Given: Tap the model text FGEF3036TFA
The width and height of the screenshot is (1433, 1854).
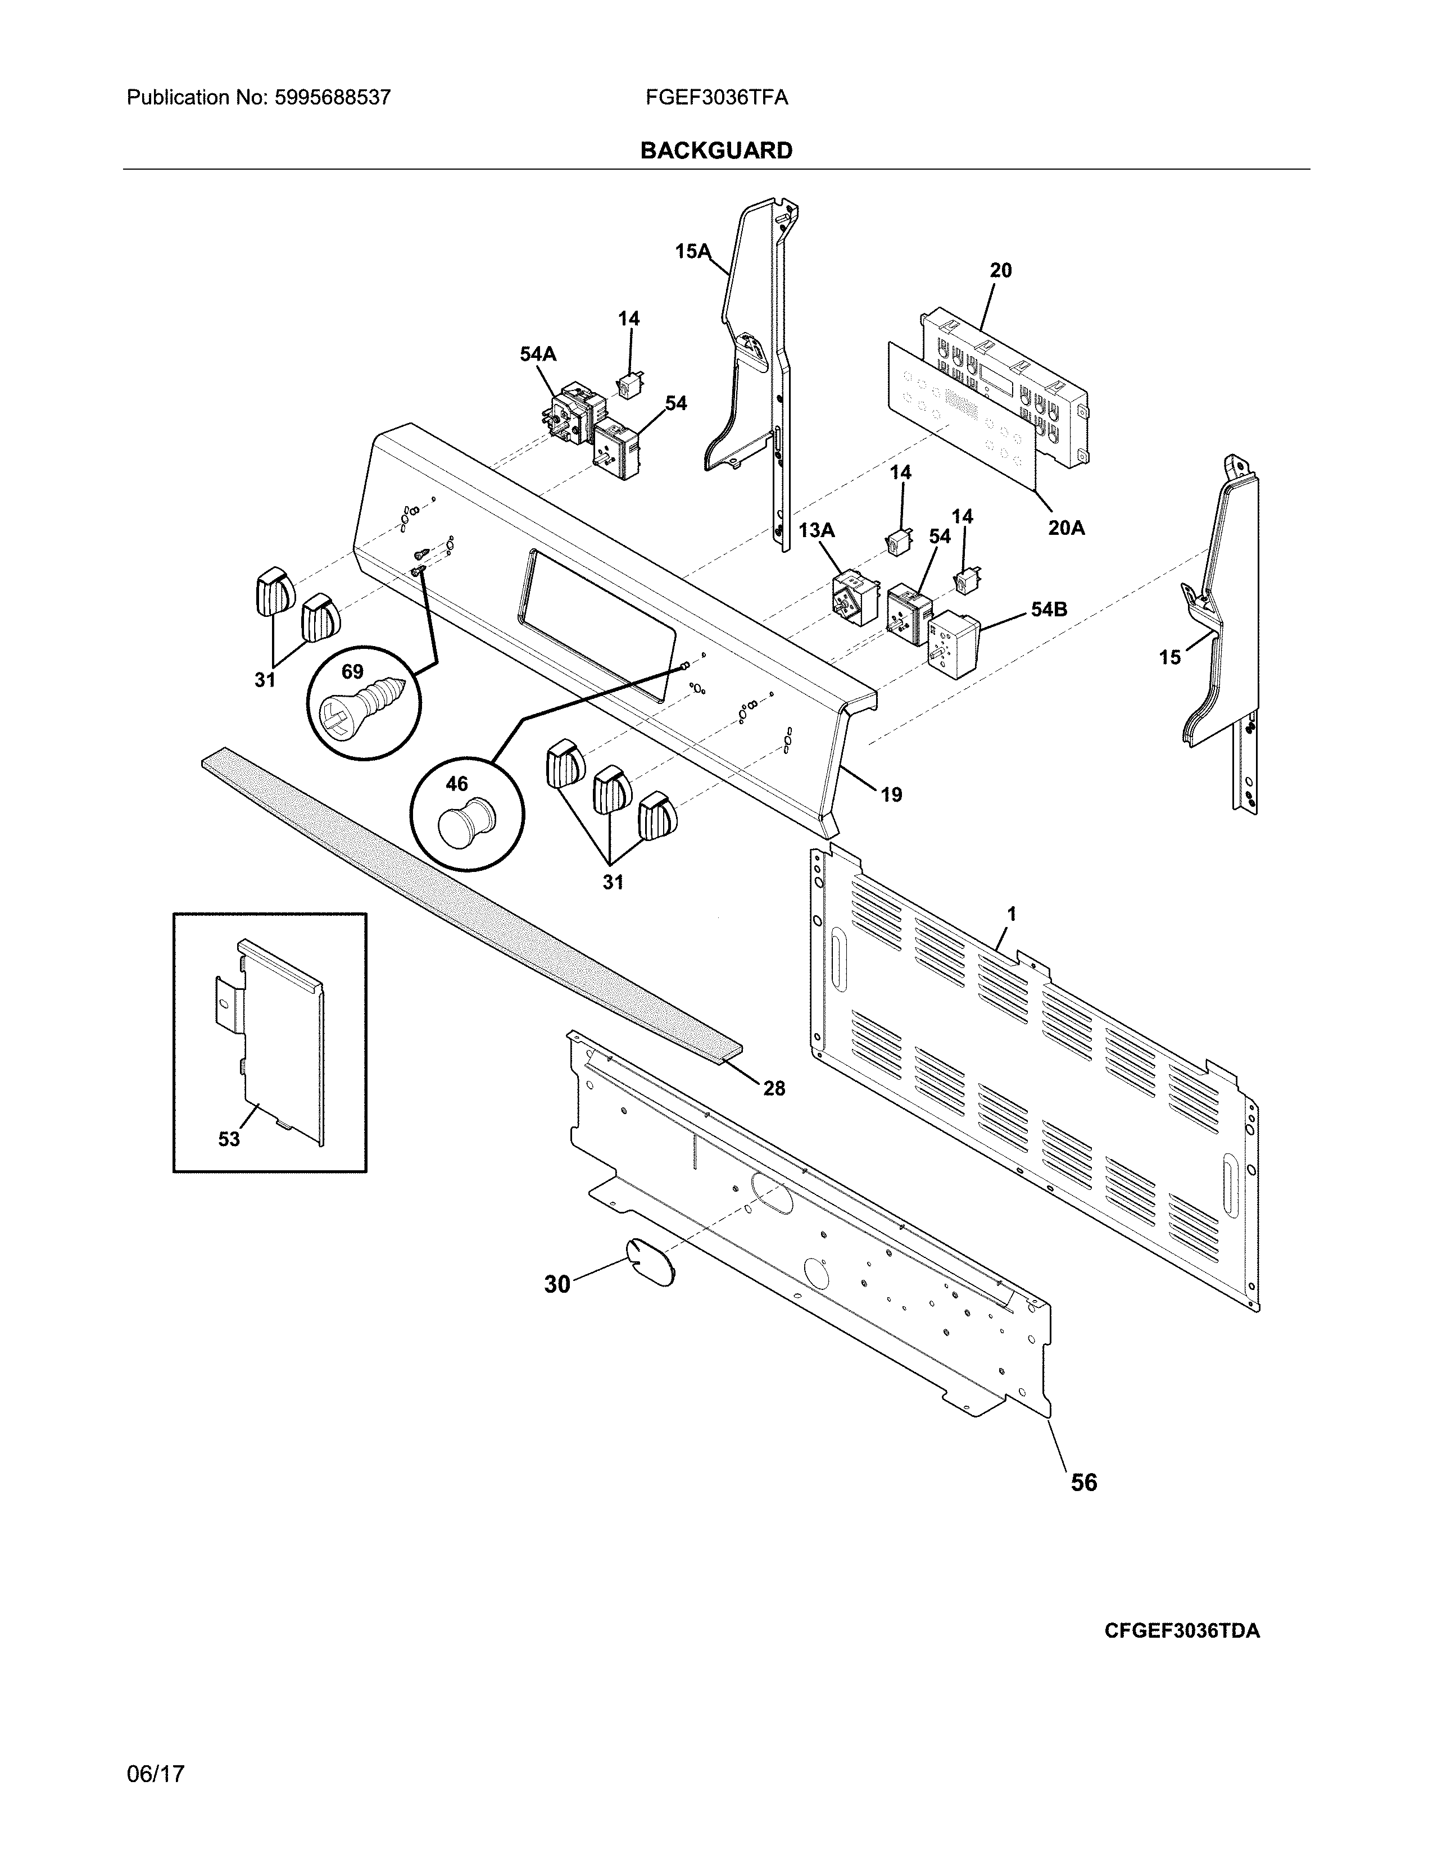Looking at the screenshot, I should point(715,98).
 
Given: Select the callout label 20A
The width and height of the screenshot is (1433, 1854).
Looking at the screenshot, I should point(1065,528).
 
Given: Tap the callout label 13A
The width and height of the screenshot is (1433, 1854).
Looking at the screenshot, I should point(816,530).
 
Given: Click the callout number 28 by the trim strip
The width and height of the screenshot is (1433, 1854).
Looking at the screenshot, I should point(773,1088).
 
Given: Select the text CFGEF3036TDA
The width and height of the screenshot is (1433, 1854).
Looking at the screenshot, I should point(1182,1631).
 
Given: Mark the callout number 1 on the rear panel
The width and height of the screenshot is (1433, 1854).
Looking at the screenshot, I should point(1011,914).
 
